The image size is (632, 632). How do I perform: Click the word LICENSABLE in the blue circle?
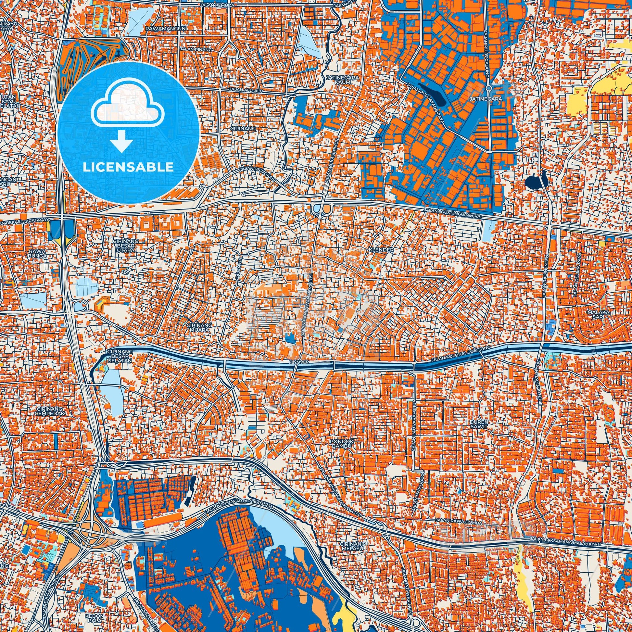click(x=128, y=167)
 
